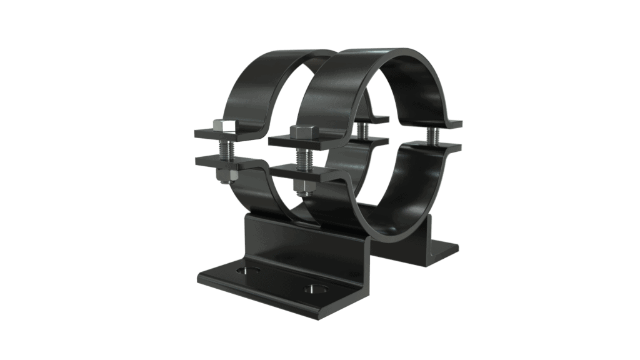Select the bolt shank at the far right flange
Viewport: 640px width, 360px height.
[433, 134]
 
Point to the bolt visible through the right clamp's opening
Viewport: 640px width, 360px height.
[361, 129]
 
